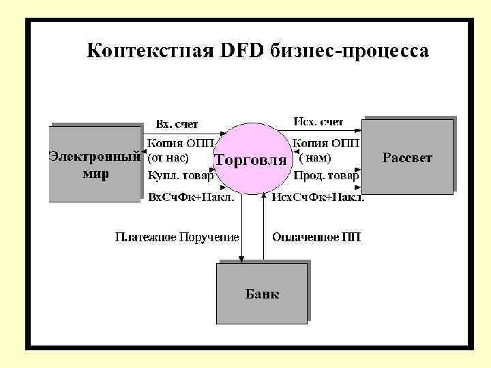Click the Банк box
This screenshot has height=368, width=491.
pyautogui.click(x=262, y=294)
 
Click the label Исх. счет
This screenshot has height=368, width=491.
pyautogui.click(x=318, y=122)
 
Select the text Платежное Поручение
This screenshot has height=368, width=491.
pyautogui.click(x=177, y=237)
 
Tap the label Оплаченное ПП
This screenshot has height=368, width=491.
pyautogui.click(x=316, y=237)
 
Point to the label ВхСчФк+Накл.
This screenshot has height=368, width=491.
pyautogui.click(x=192, y=198)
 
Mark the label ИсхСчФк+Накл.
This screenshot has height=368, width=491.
pyautogui.click(x=318, y=198)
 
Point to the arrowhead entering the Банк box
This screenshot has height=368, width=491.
pyautogui.click(x=242, y=258)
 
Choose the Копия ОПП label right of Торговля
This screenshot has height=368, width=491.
pyautogui.click(x=326, y=142)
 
